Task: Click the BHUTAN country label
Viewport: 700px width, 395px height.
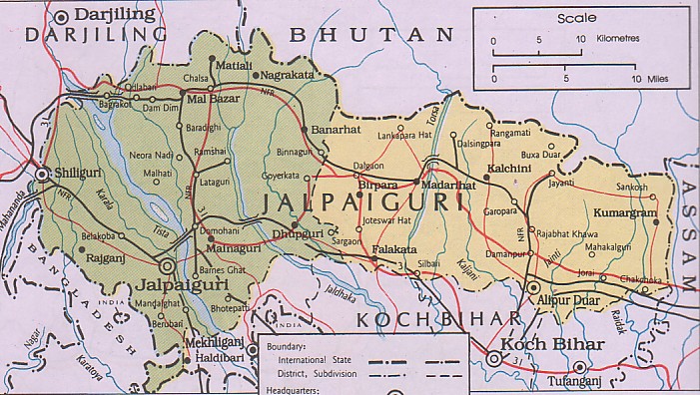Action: point(371,34)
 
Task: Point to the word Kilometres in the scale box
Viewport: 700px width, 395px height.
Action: point(622,39)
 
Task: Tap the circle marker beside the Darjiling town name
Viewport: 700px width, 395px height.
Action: point(65,15)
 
